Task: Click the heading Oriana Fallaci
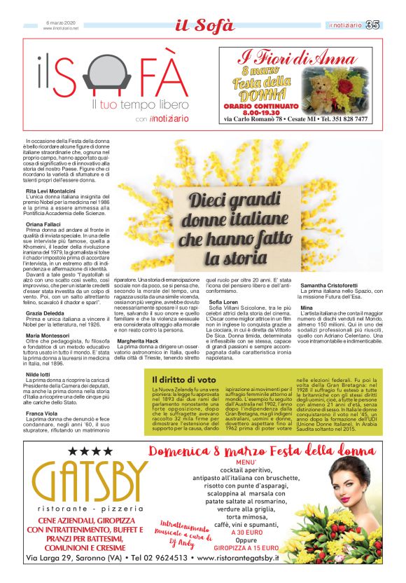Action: tap(44, 224)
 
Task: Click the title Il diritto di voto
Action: tap(183, 379)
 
